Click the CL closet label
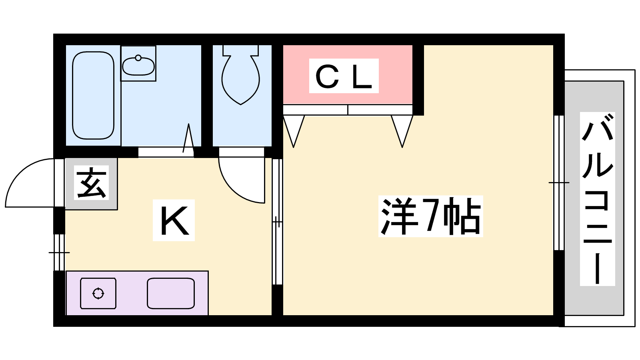coord(344,76)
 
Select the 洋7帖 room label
coord(430,216)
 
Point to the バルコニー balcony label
coord(597,199)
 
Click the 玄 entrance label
coord(92,183)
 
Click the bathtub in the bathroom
coord(93,95)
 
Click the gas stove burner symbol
coord(98,294)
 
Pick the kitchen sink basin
coord(171,294)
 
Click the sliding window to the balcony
coord(559,183)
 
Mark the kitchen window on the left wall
coord(59,252)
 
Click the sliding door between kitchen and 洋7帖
coord(277,222)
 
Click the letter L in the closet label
coord(362,77)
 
